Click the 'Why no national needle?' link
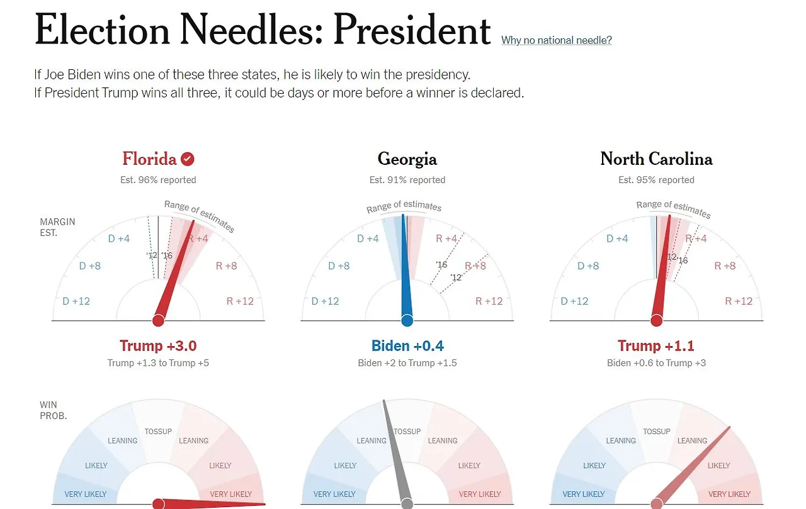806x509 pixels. pyautogui.click(x=556, y=40)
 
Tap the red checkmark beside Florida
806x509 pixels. pyautogui.click(x=187, y=159)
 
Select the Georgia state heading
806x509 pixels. pyautogui.click(x=407, y=159)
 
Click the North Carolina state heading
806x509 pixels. pyautogui.click(x=656, y=159)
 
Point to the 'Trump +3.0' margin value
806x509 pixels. pyautogui.click(x=158, y=345)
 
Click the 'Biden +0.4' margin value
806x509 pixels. pyautogui.click(x=407, y=345)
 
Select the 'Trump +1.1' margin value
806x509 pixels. pyautogui.click(x=656, y=345)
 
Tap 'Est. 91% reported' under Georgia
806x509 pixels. pyautogui.click(x=407, y=180)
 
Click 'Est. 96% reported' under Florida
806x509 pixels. pyautogui.click(x=158, y=180)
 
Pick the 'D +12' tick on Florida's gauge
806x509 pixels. pyautogui.click(x=76, y=301)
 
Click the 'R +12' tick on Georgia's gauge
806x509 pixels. pyautogui.click(x=489, y=301)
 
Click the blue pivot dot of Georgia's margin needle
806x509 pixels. pyautogui.click(x=407, y=321)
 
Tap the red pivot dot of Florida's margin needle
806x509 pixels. pyautogui.click(x=158, y=321)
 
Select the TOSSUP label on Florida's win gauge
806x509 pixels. pyautogui.click(x=158, y=432)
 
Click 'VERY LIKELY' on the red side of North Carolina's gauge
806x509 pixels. pyautogui.click(x=729, y=494)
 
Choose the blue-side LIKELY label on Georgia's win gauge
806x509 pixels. pyautogui.click(x=345, y=466)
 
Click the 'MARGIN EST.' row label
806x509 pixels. pyautogui.click(x=57, y=227)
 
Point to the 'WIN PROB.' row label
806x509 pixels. pyautogui.click(x=53, y=410)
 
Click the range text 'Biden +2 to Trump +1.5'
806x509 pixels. pyautogui.click(x=407, y=363)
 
